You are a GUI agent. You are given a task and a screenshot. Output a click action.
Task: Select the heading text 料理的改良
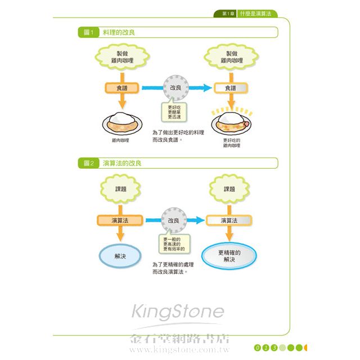(119, 33)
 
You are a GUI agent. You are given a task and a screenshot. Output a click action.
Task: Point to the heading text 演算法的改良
(122, 163)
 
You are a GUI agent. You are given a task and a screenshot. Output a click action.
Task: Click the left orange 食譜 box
(122, 88)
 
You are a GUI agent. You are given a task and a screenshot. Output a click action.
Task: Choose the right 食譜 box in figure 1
(231, 88)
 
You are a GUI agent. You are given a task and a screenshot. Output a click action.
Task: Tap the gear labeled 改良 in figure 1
(175, 88)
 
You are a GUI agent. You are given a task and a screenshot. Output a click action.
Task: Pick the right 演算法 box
(228, 220)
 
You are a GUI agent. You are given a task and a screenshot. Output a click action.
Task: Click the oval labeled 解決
(120, 255)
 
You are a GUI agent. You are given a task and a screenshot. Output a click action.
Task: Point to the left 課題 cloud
(120, 189)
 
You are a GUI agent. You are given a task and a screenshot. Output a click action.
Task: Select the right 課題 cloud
(229, 189)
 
